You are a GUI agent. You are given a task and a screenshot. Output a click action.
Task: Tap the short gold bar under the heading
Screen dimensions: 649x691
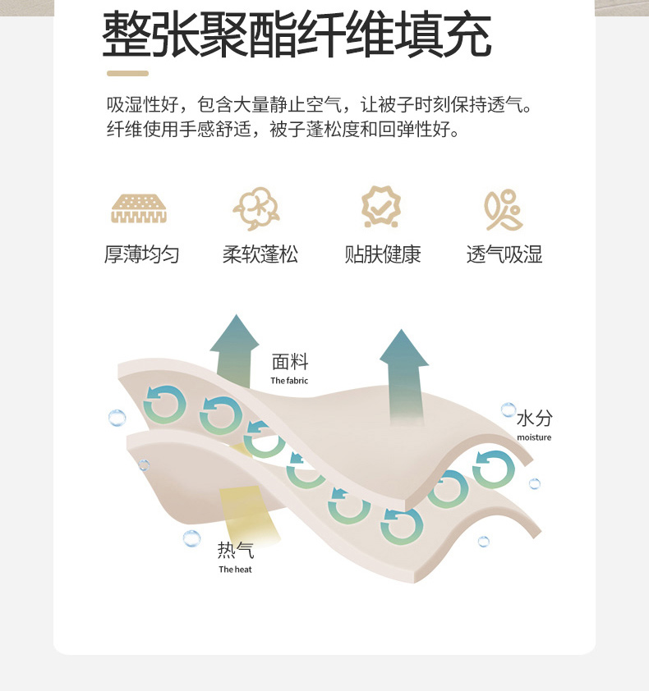(127, 74)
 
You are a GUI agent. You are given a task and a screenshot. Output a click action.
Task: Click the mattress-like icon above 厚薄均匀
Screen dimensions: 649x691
(139, 209)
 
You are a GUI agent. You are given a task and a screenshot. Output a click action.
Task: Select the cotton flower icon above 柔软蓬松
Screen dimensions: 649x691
(256, 208)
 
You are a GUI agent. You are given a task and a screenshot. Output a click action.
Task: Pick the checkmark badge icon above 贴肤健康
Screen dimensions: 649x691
(382, 207)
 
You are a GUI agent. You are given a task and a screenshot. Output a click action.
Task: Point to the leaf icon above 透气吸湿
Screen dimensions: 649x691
(504, 210)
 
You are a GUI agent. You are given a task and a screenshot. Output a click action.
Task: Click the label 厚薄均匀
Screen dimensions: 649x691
(141, 254)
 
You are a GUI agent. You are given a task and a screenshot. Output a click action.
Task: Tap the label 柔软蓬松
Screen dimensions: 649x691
(260, 254)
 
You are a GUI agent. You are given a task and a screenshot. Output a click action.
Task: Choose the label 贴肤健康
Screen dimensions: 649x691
(382, 254)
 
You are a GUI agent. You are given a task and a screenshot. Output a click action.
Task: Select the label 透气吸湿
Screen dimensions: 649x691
(504, 254)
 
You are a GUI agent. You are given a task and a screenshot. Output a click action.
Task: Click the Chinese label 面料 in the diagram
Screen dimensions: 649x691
(290, 362)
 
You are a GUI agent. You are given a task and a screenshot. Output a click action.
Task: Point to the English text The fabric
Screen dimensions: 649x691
(289, 381)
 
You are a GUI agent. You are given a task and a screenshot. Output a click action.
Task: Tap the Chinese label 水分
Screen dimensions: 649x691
(534, 419)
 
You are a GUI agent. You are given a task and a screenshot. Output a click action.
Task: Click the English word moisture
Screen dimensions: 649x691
(534, 437)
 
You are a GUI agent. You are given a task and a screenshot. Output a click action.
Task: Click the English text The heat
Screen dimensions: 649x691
(235, 570)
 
